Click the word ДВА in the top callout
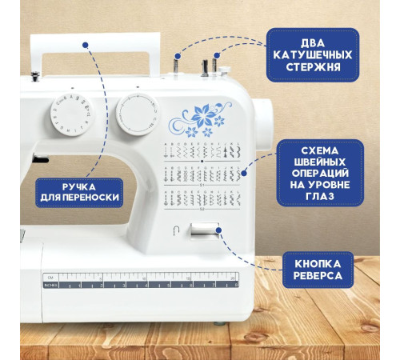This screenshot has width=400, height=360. click(x=313, y=43)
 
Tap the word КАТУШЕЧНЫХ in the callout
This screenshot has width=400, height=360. click(x=313, y=55)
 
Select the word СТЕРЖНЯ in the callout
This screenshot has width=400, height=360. click(x=313, y=67)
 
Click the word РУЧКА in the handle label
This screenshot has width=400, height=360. click(x=79, y=187)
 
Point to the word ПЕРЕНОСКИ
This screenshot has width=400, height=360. click(x=91, y=198)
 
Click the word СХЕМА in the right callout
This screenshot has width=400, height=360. click(x=320, y=150)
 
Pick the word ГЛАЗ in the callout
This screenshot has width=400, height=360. click(x=320, y=196)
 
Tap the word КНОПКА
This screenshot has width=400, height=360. click(x=318, y=264)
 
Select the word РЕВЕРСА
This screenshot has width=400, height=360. click(x=318, y=276)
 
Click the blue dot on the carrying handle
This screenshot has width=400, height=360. click(x=86, y=45)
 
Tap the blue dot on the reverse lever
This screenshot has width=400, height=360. click(x=218, y=230)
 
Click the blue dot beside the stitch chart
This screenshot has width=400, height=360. click(x=244, y=173)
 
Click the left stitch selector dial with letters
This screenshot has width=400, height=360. click(x=71, y=115)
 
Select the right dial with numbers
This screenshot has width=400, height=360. click(x=138, y=114)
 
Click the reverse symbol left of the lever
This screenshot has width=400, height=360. click(x=176, y=230)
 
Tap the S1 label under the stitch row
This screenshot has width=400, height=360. click(x=202, y=185)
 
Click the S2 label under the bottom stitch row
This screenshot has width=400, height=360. click(x=202, y=209)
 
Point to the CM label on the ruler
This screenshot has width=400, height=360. click(x=50, y=278)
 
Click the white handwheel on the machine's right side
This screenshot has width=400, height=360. click(x=262, y=126)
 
